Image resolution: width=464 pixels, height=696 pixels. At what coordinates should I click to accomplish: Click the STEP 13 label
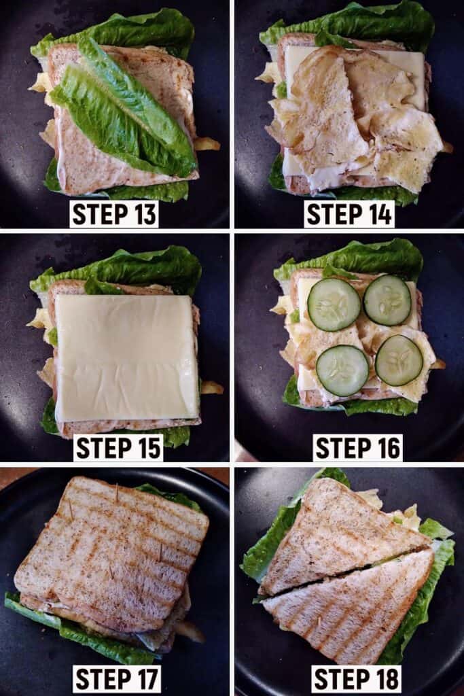[x=114, y=214]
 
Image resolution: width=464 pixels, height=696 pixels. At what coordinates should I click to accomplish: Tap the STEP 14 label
[x=349, y=214]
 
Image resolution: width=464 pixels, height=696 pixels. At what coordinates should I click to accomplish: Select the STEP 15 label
[x=118, y=447]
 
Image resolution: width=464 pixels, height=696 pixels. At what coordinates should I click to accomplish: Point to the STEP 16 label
[x=357, y=447]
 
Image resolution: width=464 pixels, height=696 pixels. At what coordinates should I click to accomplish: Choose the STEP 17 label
[x=117, y=679]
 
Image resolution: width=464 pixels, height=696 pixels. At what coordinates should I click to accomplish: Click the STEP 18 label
[x=357, y=679]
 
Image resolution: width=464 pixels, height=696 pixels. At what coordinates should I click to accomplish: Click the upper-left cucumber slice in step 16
[x=334, y=304]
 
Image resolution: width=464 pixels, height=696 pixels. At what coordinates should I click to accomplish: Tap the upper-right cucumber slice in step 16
[x=388, y=300]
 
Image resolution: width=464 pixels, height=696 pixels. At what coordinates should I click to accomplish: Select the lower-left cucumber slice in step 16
[x=342, y=370]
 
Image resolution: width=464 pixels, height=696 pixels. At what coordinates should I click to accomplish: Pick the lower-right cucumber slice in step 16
[x=399, y=360]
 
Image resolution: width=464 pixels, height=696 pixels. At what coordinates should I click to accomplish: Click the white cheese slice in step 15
[x=126, y=358]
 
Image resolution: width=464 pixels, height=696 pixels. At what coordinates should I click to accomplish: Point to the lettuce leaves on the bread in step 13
[x=124, y=111]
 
